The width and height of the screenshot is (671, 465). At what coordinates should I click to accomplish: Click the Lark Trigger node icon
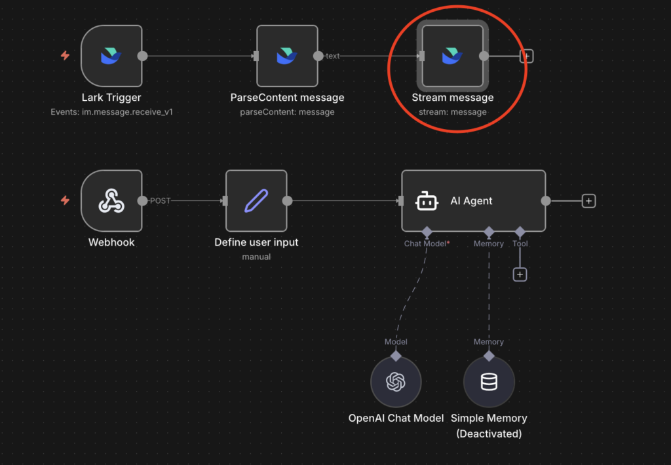[x=111, y=56]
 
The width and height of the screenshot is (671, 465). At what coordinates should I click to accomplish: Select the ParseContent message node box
[x=287, y=56]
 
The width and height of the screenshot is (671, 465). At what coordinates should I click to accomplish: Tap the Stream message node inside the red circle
[x=453, y=56]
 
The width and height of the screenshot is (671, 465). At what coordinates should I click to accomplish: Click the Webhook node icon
[x=111, y=201]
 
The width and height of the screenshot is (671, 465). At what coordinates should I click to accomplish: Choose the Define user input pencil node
[x=256, y=201]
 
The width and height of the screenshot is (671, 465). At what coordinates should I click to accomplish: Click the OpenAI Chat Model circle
[x=396, y=382]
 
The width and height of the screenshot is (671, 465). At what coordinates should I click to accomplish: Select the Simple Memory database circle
[x=489, y=382]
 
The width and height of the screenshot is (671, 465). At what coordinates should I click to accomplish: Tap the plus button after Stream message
[x=526, y=56]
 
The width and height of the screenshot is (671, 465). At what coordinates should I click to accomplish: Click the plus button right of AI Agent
[x=588, y=201]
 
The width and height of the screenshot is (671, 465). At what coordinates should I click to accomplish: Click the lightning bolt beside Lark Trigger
[x=65, y=56]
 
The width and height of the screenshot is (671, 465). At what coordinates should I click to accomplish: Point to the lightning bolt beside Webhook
[x=65, y=200]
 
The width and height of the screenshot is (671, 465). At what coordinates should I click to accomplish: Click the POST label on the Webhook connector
[x=160, y=201]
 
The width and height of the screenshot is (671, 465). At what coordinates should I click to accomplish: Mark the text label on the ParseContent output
[x=333, y=56]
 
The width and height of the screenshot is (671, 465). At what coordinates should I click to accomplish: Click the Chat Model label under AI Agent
[x=425, y=244]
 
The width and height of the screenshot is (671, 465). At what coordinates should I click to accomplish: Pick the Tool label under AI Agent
[x=520, y=244]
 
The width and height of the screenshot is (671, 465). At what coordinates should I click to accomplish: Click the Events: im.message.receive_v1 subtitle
[x=111, y=112]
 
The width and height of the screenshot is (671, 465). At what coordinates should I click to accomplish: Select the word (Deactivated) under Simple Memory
[x=489, y=434]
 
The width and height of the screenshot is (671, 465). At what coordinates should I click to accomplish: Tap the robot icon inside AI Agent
[x=427, y=201]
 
